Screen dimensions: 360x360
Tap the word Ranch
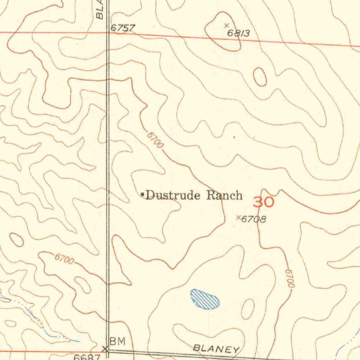(x=224, y=195)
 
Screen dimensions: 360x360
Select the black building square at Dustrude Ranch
(x=142, y=194)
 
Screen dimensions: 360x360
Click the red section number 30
(x=264, y=202)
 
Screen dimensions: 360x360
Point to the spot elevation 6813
(x=239, y=33)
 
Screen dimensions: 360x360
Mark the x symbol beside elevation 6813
(x=226, y=25)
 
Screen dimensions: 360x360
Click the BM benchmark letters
(x=117, y=341)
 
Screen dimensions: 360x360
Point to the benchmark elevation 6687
(x=87, y=357)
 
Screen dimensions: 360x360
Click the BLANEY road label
(x=216, y=349)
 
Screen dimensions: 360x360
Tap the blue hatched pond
(x=205, y=299)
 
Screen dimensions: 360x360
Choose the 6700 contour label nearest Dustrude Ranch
(x=155, y=140)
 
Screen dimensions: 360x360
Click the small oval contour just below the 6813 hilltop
(x=260, y=77)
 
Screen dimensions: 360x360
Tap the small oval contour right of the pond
(x=248, y=309)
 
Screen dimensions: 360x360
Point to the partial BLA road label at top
(x=100, y=11)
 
